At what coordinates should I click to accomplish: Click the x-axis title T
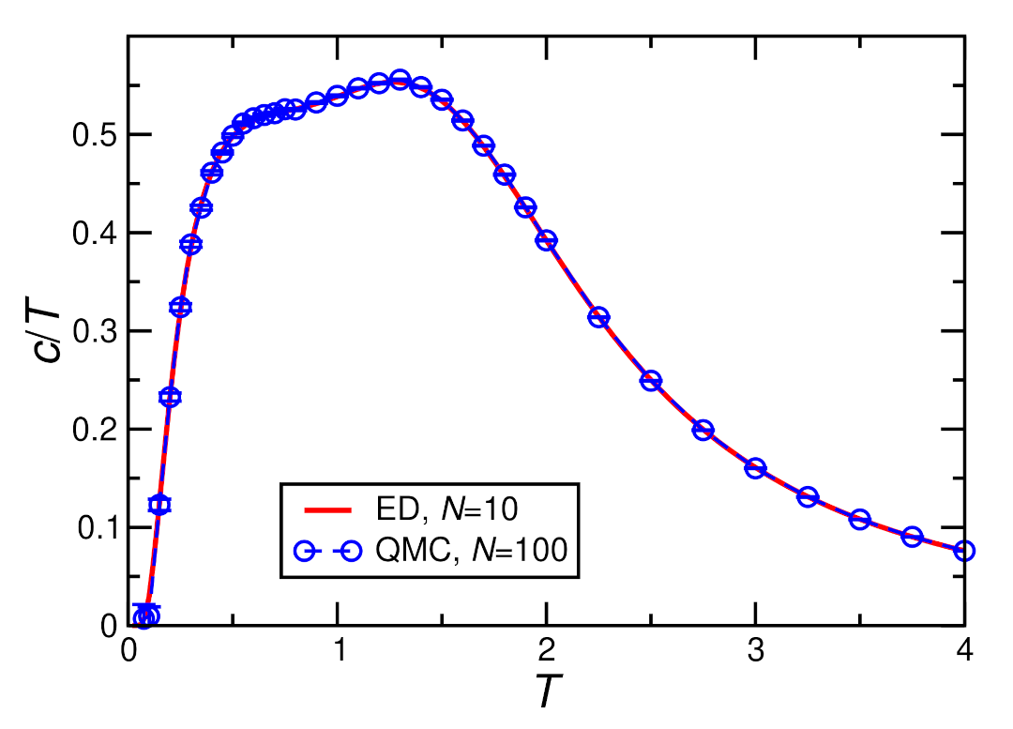(546, 694)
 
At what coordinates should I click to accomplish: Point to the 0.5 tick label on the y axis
(94, 135)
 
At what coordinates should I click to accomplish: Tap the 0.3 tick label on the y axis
(94, 331)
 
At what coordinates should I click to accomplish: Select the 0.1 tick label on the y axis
(94, 528)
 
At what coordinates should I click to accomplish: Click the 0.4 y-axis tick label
(94, 234)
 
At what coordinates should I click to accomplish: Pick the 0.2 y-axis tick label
(94, 430)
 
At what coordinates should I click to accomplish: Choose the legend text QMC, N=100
(471, 552)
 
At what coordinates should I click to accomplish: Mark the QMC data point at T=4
(964, 551)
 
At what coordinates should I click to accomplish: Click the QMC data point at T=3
(755, 468)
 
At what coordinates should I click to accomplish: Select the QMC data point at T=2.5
(651, 381)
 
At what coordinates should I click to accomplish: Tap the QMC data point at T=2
(546, 240)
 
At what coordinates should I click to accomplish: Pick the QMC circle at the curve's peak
(400, 80)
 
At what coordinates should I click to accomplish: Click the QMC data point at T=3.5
(860, 519)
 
